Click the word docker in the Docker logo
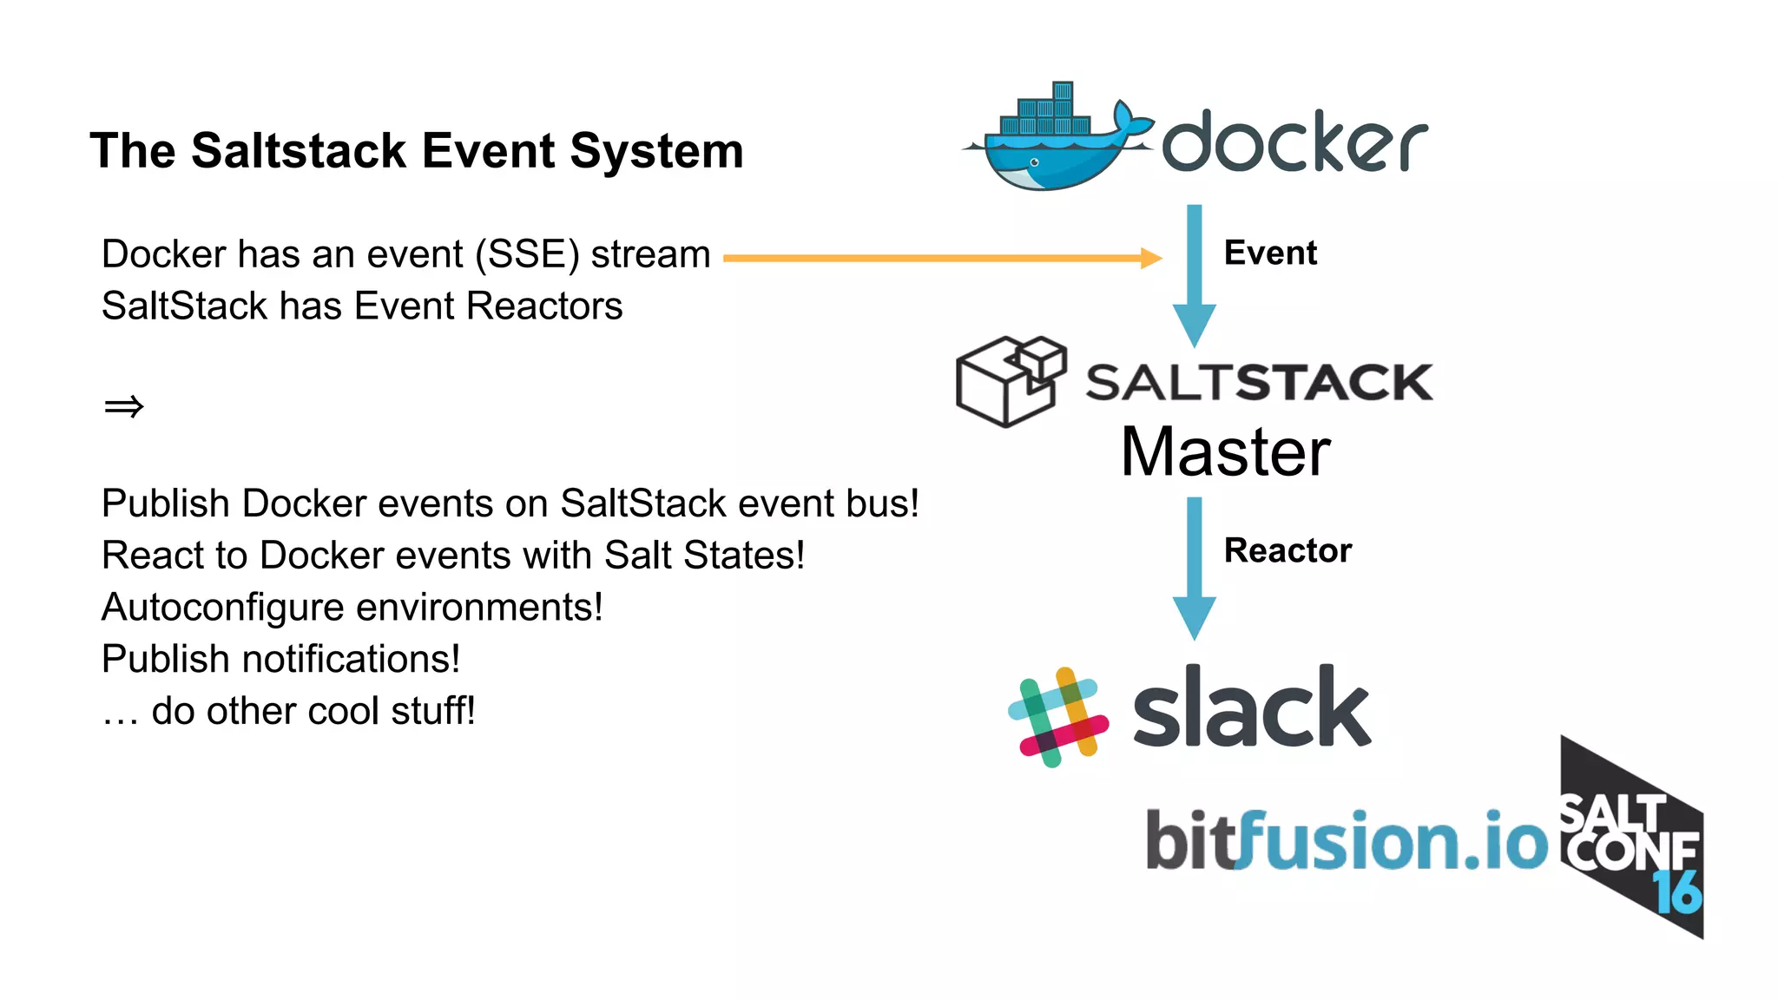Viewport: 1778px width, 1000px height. pyautogui.click(x=1294, y=141)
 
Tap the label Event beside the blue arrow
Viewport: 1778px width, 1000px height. pyautogui.click(x=1270, y=253)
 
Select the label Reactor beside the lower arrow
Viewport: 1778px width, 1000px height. pyautogui.click(x=1287, y=550)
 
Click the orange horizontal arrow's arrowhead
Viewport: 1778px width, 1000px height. pyautogui.click(x=1151, y=258)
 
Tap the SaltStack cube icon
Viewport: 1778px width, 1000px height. pyautogui.click(x=1010, y=382)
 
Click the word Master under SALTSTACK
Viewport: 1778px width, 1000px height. pyautogui.click(x=1225, y=452)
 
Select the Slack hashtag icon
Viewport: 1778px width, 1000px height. pyautogui.click(x=1057, y=717)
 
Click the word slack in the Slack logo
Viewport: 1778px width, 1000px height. pyautogui.click(x=1251, y=707)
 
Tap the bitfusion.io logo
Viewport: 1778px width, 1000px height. pyautogui.click(x=1347, y=839)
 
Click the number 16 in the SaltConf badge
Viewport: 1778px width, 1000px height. pyautogui.click(x=1676, y=891)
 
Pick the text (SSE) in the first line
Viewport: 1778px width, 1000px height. pyautogui.click(x=527, y=254)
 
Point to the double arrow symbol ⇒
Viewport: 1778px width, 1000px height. pyautogui.click(x=123, y=406)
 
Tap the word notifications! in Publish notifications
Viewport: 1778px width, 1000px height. pyautogui.click(x=351, y=659)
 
